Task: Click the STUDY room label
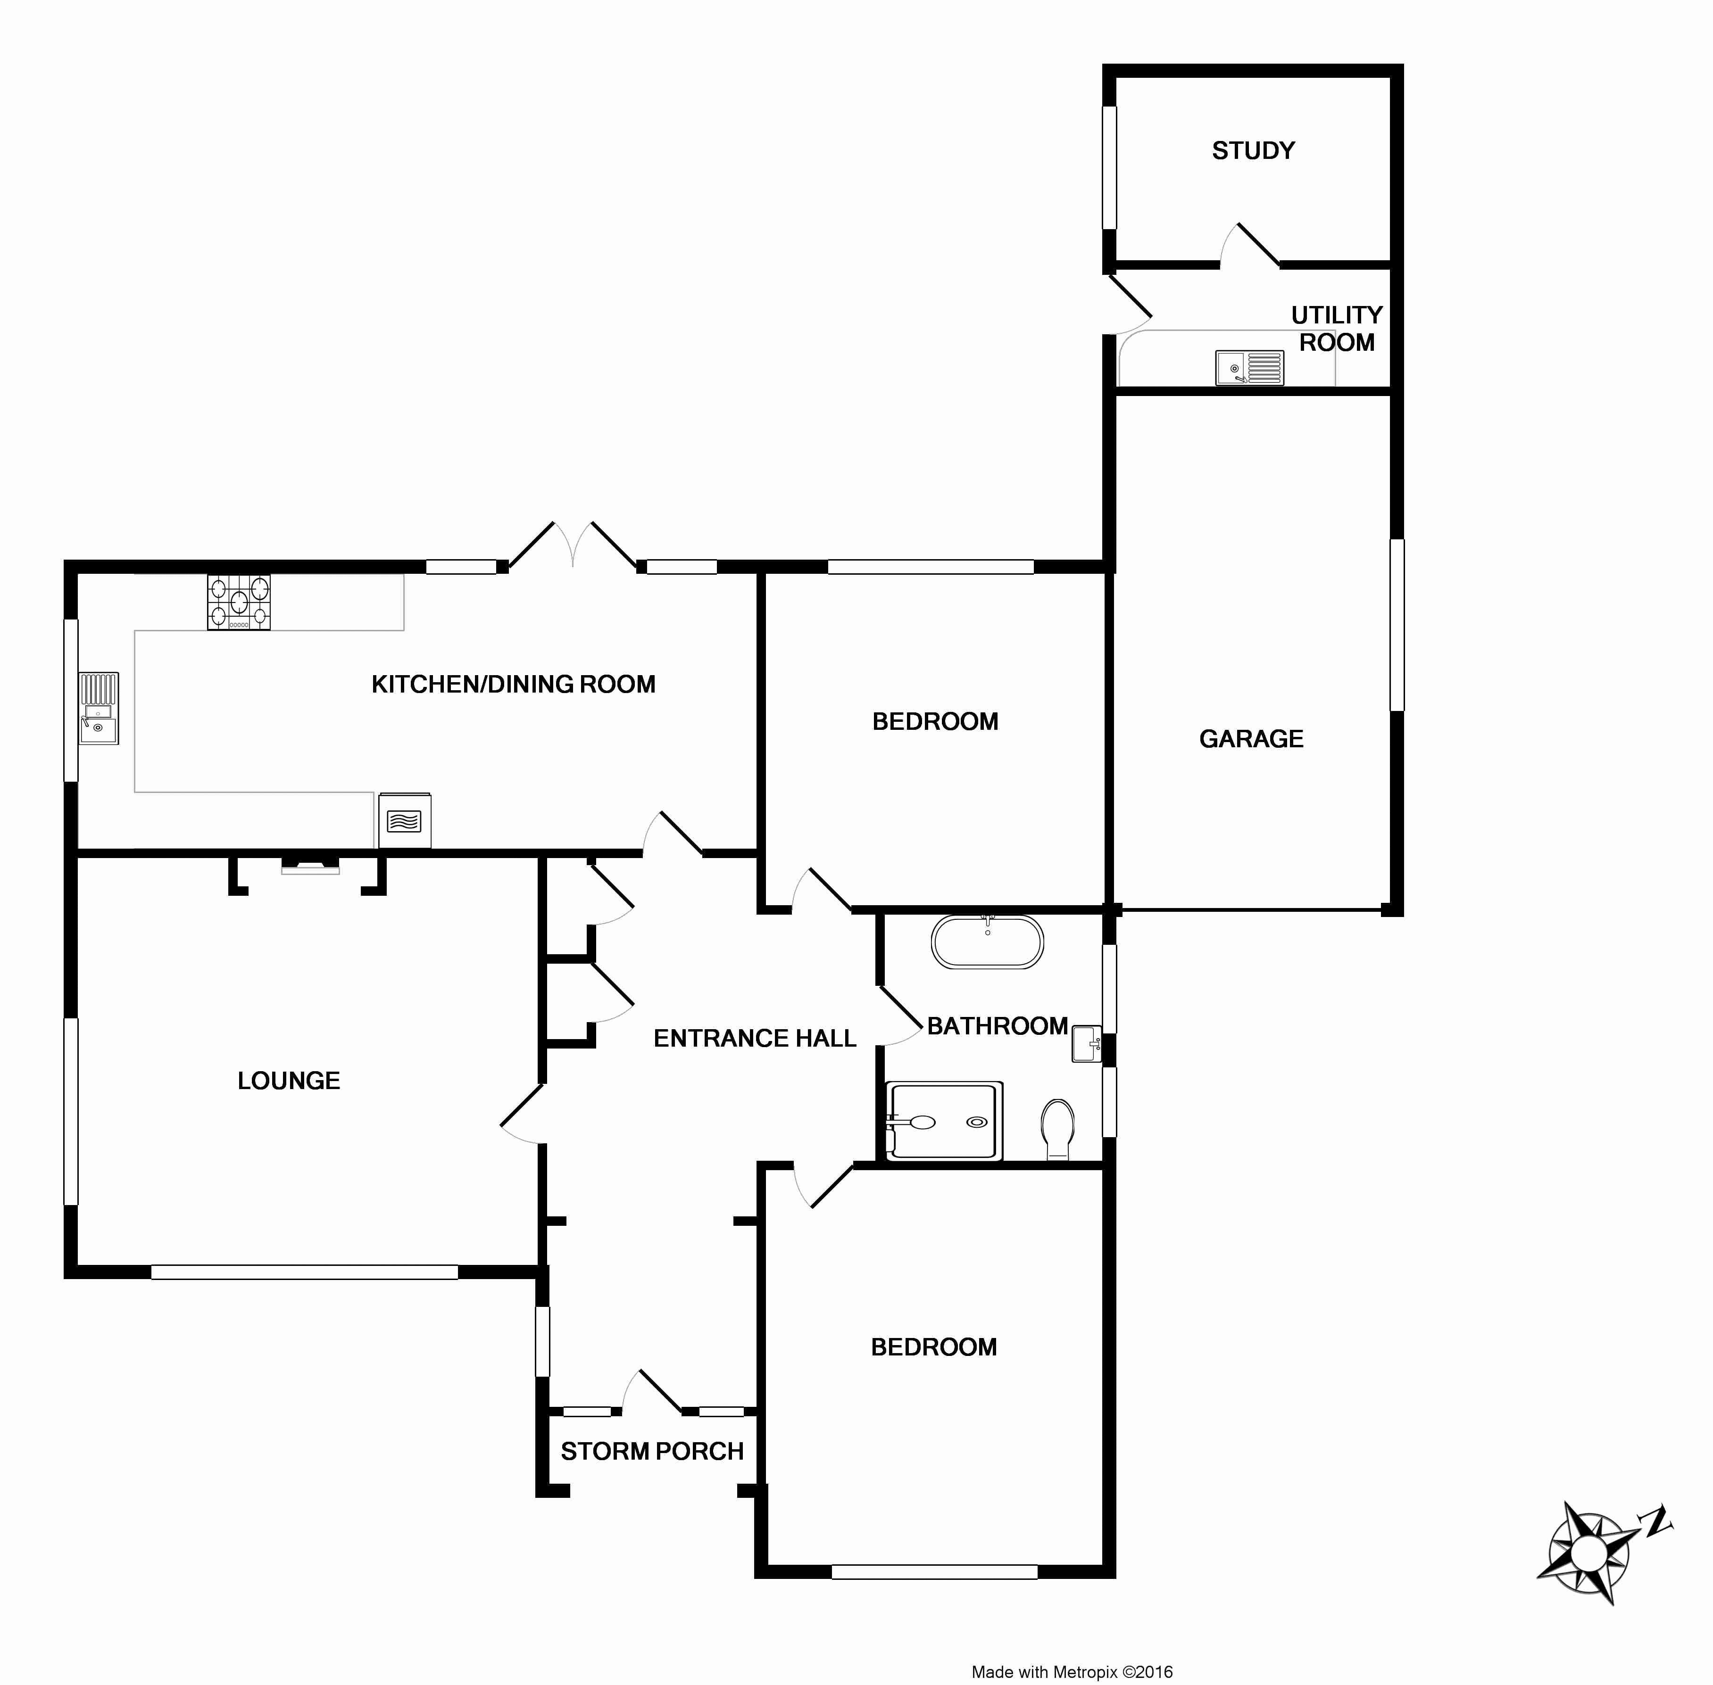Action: tap(1253, 150)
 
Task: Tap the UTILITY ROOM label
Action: tap(1336, 328)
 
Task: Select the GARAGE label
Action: tap(1251, 739)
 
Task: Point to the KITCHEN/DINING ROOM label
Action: tap(514, 684)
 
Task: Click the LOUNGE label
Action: tap(289, 1081)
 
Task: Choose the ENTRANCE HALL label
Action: tap(754, 1038)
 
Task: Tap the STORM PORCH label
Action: tap(651, 1451)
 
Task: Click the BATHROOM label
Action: tap(997, 1026)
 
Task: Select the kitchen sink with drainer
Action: tap(98, 708)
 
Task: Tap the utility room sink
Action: tap(1249, 367)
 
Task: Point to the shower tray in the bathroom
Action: tap(945, 1121)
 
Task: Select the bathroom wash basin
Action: tap(1086, 1044)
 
